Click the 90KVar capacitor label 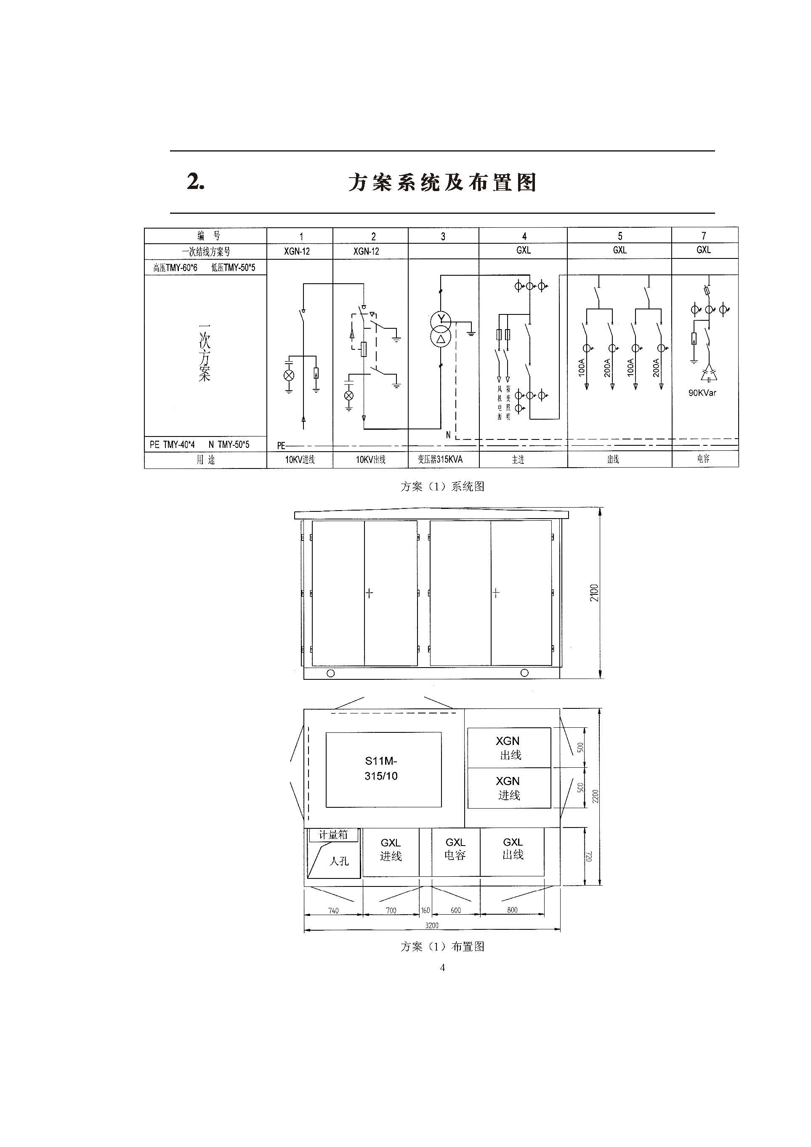coord(702,393)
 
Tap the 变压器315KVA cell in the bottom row coord(440,459)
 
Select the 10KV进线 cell coord(300,460)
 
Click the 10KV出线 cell coord(370,460)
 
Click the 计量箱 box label coord(333,835)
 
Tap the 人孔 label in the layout coord(339,861)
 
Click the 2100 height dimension coord(594,593)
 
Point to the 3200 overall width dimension coord(431,925)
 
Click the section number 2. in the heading coord(196,181)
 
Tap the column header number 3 coord(443,236)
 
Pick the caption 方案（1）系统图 coord(442,487)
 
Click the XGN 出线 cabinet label coord(508,748)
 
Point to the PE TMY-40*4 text coord(172,444)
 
